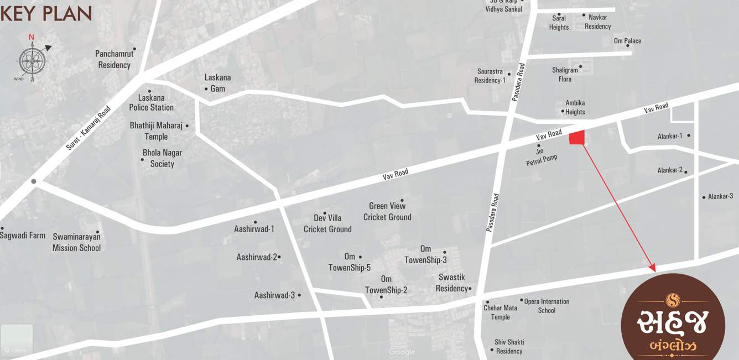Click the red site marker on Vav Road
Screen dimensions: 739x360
pos(577,137)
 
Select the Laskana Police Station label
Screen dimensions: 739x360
pos(151,102)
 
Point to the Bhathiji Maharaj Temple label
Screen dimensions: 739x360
pos(156,131)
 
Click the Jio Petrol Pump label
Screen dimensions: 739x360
pos(542,158)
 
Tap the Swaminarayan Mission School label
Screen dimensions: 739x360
pos(76,242)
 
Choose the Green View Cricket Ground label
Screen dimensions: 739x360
pos(387,212)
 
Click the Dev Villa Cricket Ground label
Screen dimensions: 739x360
pos(327,223)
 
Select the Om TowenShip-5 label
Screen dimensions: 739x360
pos(349,262)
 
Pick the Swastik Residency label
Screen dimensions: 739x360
pos(451,283)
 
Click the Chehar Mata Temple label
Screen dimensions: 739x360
pos(500,312)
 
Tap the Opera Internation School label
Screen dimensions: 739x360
pos(547,306)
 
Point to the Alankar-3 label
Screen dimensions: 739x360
pos(720,196)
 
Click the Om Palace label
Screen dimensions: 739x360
pos(627,41)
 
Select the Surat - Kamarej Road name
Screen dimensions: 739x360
pos(89,128)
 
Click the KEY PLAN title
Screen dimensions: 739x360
pos(46,13)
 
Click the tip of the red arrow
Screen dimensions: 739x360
pos(655,271)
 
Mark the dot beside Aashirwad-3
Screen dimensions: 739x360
pos(299,295)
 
